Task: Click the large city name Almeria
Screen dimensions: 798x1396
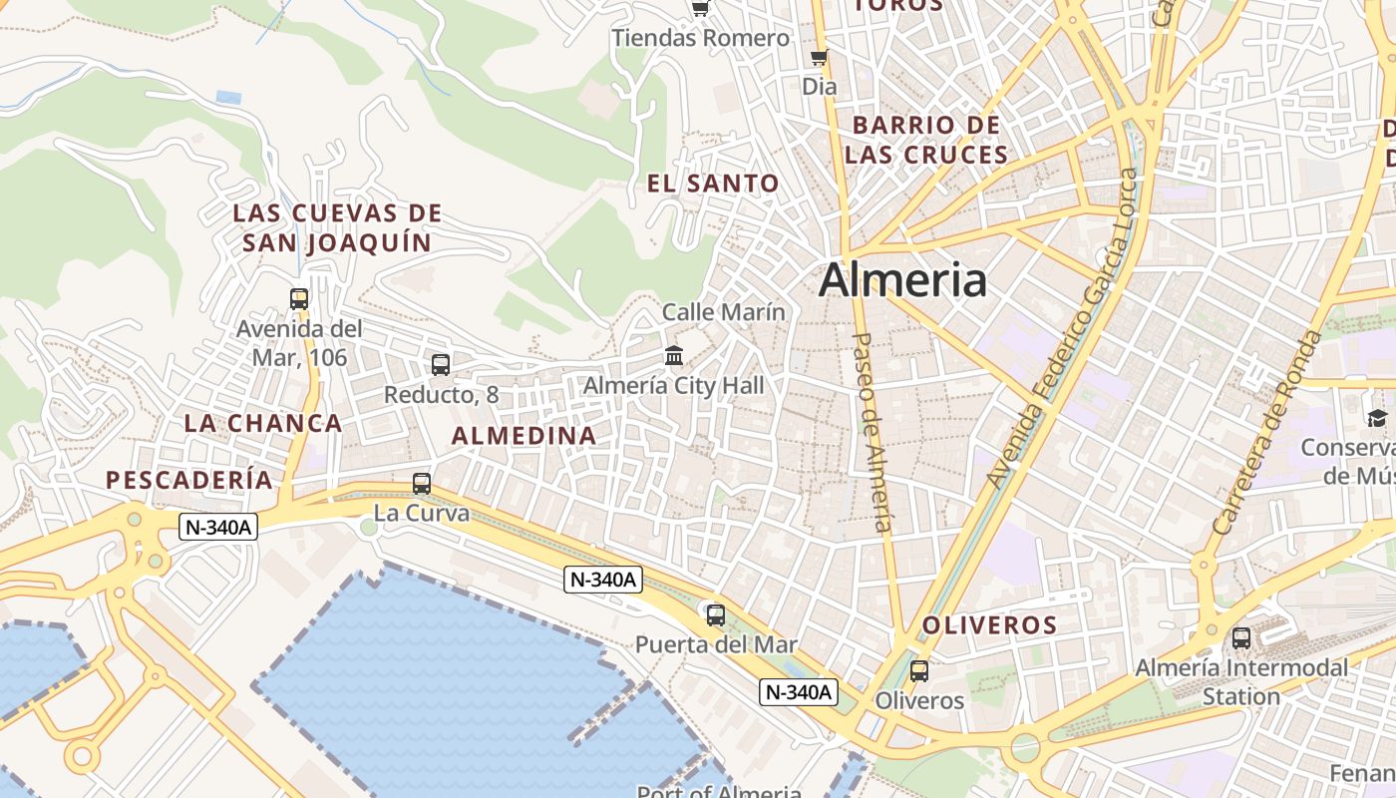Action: [x=902, y=280]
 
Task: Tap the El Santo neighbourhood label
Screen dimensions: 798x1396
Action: [x=713, y=184]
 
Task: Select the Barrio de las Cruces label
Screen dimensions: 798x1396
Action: [x=926, y=140]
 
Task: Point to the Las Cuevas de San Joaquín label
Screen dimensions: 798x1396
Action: [x=337, y=227]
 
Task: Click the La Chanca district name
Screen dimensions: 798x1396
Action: [x=263, y=423]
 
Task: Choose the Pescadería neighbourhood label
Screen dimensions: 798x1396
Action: [x=189, y=480]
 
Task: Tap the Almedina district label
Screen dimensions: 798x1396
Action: [x=524, y=436]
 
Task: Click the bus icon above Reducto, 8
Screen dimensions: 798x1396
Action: [x=441, y=365]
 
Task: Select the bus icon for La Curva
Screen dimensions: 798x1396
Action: [x=422, y=484]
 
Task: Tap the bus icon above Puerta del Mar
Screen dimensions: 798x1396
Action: [x=716, y=614]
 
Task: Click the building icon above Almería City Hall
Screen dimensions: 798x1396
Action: [x=674, y=355]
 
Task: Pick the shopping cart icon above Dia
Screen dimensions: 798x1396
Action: [x=820, y=57]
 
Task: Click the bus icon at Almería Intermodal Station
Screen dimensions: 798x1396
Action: [x=1241, y=637]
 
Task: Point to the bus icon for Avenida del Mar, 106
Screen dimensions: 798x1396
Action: [x=299, y=298]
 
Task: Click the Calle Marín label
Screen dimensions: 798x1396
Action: [x=724, y=312]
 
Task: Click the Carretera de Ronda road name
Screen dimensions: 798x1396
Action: [x=1266, y=431]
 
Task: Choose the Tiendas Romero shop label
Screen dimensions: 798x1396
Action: [x=701, y=38]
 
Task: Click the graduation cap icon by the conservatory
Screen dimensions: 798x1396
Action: [x=1377, y=418]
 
